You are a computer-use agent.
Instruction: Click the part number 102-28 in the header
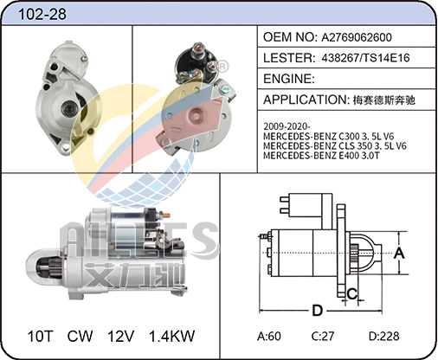coord(42,14)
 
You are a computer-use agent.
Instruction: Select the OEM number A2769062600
coord(357,37)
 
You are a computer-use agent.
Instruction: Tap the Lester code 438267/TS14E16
coord(365,58)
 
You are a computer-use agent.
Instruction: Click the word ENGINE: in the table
coord(289,79)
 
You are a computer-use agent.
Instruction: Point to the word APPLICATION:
coord(306,100)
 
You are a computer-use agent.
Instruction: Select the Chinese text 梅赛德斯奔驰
coord(384,100)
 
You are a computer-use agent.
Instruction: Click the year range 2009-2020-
coord(287,126)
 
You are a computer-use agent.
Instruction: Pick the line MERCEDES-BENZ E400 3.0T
coord(321,156)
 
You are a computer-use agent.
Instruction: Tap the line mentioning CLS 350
coord(335,145)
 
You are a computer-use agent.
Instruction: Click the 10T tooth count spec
coord(41,336)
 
